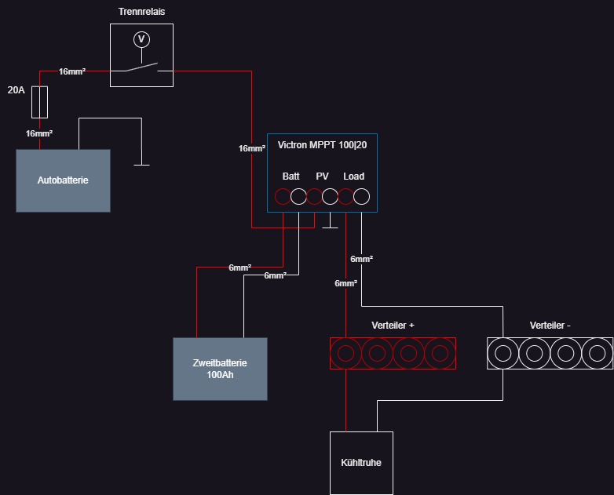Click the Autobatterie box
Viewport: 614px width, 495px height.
coord(63,180)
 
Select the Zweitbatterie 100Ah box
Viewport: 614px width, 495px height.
coord(220,369)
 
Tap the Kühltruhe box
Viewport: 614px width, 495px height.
coord(361,463)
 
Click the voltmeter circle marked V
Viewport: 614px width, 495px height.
coord(142,39)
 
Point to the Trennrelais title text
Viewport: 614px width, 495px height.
coord(142,12)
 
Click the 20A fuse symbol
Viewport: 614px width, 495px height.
coord(39,102)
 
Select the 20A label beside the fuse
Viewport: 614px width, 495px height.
coord(16,90)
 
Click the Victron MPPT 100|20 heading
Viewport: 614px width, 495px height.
coord(322,145)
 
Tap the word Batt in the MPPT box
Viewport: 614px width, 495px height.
coord(291,177)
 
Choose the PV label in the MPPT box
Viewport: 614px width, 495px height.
coord(322,177)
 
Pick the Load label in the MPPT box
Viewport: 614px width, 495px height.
coord(354,177)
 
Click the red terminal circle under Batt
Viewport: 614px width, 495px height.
coord(283,196)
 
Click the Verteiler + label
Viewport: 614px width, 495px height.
coord(393,326)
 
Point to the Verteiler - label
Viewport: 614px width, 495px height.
coord(550,326)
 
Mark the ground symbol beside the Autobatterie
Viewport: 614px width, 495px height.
coord(142,165)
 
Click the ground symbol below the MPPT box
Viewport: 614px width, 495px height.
coord(330,227)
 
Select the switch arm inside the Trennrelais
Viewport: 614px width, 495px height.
coord(142,67)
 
